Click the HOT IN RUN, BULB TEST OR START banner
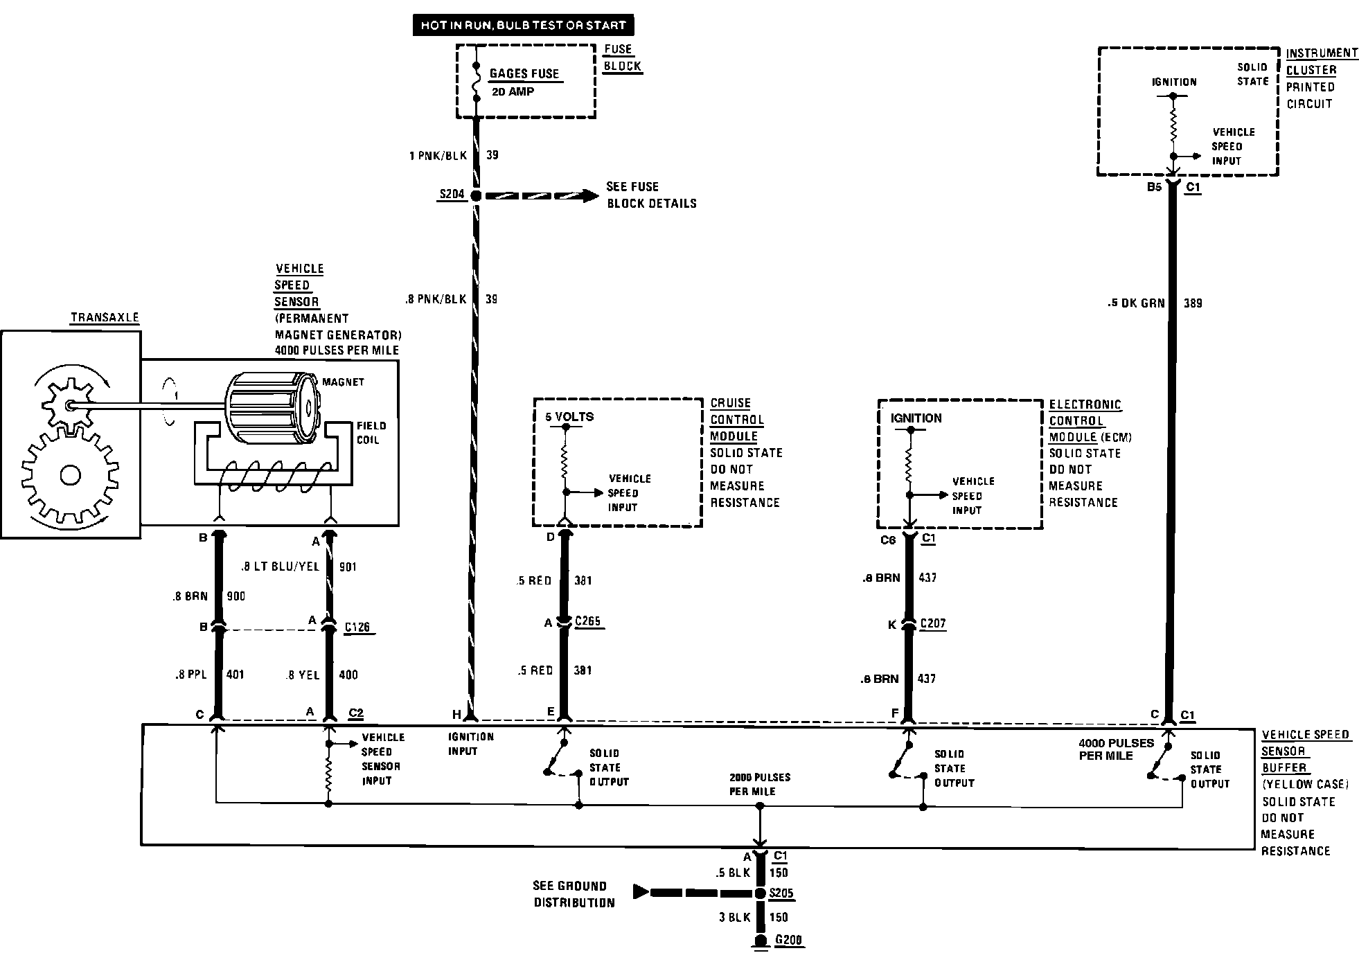click(x=523, y=26)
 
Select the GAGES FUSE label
click(x=524, y=73)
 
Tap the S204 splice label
click(x=452, y=195)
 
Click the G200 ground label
click(x=789, y=941)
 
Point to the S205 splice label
click(x=781, y=893)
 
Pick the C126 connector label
click(x=357, y=627)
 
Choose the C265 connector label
click(x=587, y=621)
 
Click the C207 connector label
click(x=932, y=623)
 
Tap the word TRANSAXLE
click(x=105, y=318)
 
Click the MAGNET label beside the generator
click(x=343, y=382)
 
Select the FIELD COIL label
click(x=371, y=433)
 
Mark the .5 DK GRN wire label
click(x=1137, y=303)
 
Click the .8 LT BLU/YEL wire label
click(x=280, y=567)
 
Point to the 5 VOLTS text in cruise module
click(x=569, y=417)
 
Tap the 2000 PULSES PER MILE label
click(x=759, y=784)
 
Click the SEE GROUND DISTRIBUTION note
click(x=574, y=894)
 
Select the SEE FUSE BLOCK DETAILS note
click(x=651, y=195)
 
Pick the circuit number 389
click(x=1193, y=303)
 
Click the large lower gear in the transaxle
click(x=69, y=476)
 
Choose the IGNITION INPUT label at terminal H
click(x=470, y=744)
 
